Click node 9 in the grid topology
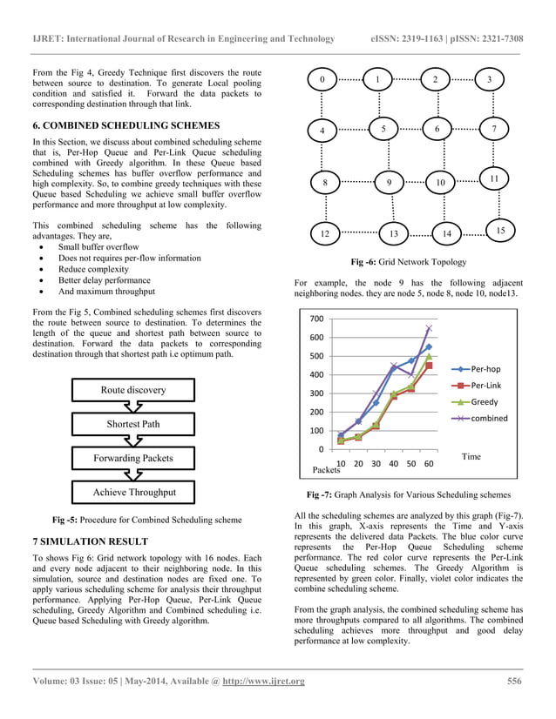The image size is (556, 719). pyautogui.click(x=389, y=183)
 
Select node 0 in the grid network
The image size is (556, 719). pyautogui.click(x=322, y=80)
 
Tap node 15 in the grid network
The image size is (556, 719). pyautogui.click(x=500, y=230)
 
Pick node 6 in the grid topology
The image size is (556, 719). pyautogui.click(x=437, y=129)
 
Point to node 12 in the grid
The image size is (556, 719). pyautogui.click(x=324, y=234)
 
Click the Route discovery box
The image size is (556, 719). pyautogui.click(x=133, y=390)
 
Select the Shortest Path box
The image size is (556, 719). pyautogui.click(x=133, y=424)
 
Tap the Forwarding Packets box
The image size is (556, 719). pyautogui.click(x=133, y=458)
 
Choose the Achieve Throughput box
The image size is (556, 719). pyautogui.click(x=133, y=493)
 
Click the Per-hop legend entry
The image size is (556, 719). pyautogui.click(x=485, y=369)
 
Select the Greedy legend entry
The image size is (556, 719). pyautogui.click(x=484, y=402)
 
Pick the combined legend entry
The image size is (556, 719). pyautogui.click(x=488, y=419)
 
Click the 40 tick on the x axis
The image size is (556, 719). pyautogui.click(x=394, y=463)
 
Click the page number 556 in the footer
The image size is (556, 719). pyautogui.click(x=515, y=681)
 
